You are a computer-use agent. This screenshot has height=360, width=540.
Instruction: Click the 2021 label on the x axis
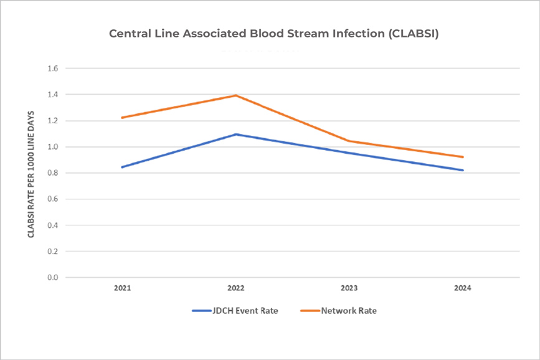(123, 288)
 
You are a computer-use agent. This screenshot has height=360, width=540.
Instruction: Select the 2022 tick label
(236, 288)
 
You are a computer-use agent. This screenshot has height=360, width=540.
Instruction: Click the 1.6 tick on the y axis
(52, 69)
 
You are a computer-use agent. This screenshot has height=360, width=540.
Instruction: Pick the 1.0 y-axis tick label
(52, 147)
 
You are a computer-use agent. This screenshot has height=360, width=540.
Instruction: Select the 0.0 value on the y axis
(52, 277)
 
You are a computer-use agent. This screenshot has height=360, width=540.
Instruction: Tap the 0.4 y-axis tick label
(52, 225)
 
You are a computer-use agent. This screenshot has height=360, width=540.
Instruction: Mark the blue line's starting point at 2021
(123, 167)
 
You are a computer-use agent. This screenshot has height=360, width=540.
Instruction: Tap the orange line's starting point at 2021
(123, 118)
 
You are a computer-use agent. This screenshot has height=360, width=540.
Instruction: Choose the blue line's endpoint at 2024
(463, 170)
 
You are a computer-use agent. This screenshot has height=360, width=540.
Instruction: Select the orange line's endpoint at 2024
(463, 157)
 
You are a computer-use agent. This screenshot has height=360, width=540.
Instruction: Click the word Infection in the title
(353, 34)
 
